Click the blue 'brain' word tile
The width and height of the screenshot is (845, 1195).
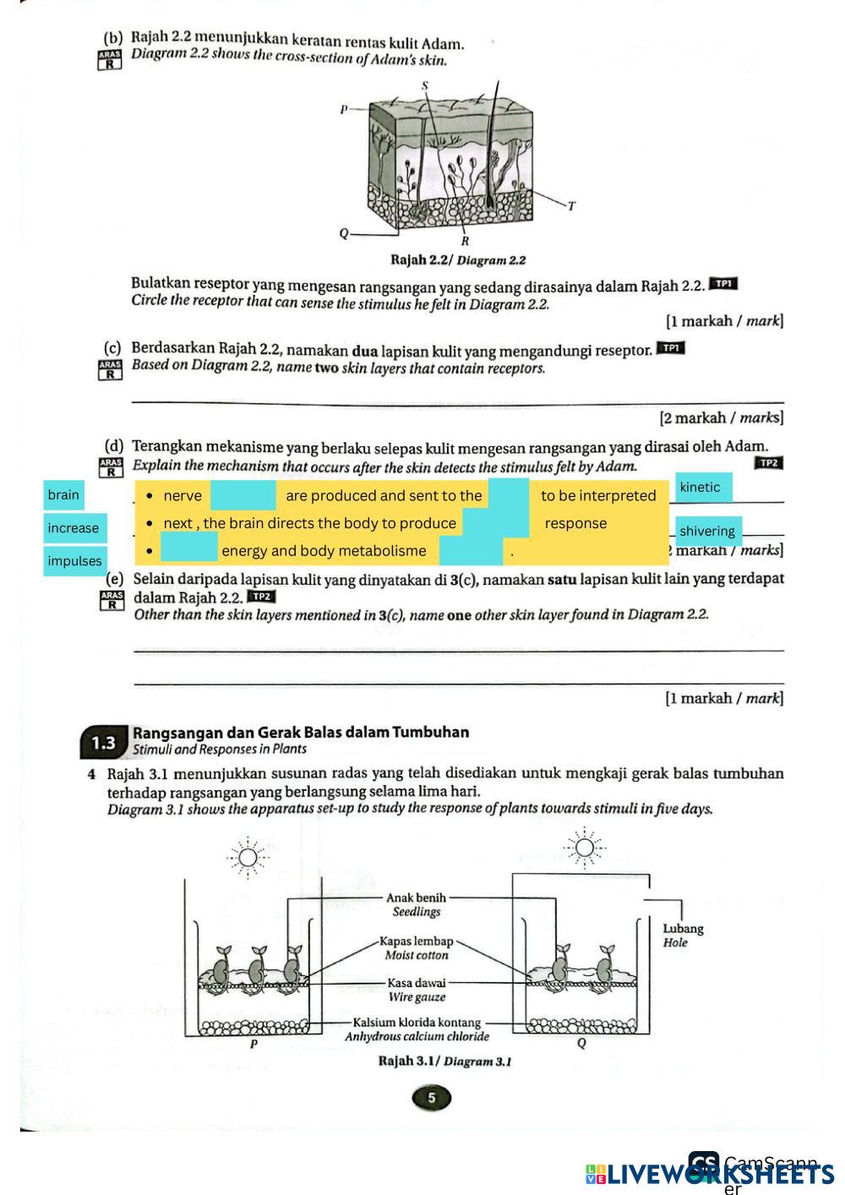click(x=63, y=495)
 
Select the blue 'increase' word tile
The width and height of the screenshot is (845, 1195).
click(x=74, y=528)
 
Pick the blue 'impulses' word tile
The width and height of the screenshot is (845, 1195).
click(x=74, y=561)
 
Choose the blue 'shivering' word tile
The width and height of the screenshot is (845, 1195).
click(x=708, y=531)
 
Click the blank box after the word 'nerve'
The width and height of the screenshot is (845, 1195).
click(x=243, y=495)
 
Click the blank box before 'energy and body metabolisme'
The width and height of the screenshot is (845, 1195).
click(x=189, y=550)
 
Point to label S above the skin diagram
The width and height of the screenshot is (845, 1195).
click(x=425, y=85)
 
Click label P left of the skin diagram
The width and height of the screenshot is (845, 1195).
click(x=344, y=109)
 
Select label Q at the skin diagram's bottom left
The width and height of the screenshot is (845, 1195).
click(x=344, y=233)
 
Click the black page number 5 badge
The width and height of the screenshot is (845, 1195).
click(x=432, y=1098)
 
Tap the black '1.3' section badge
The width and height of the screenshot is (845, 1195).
click(x=104, y=742)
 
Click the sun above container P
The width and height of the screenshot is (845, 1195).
click(x=247, y=858)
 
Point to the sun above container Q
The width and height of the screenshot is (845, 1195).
click(x=584, y=848)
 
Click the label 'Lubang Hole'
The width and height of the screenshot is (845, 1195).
click(x=683, y=936)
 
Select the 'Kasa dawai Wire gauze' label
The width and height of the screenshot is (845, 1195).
click(x=417, y=990)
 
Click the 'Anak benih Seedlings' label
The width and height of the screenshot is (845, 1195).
click(x=416, y=904)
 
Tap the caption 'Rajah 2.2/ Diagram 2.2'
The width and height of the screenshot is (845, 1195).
click(x=458, y=260)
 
